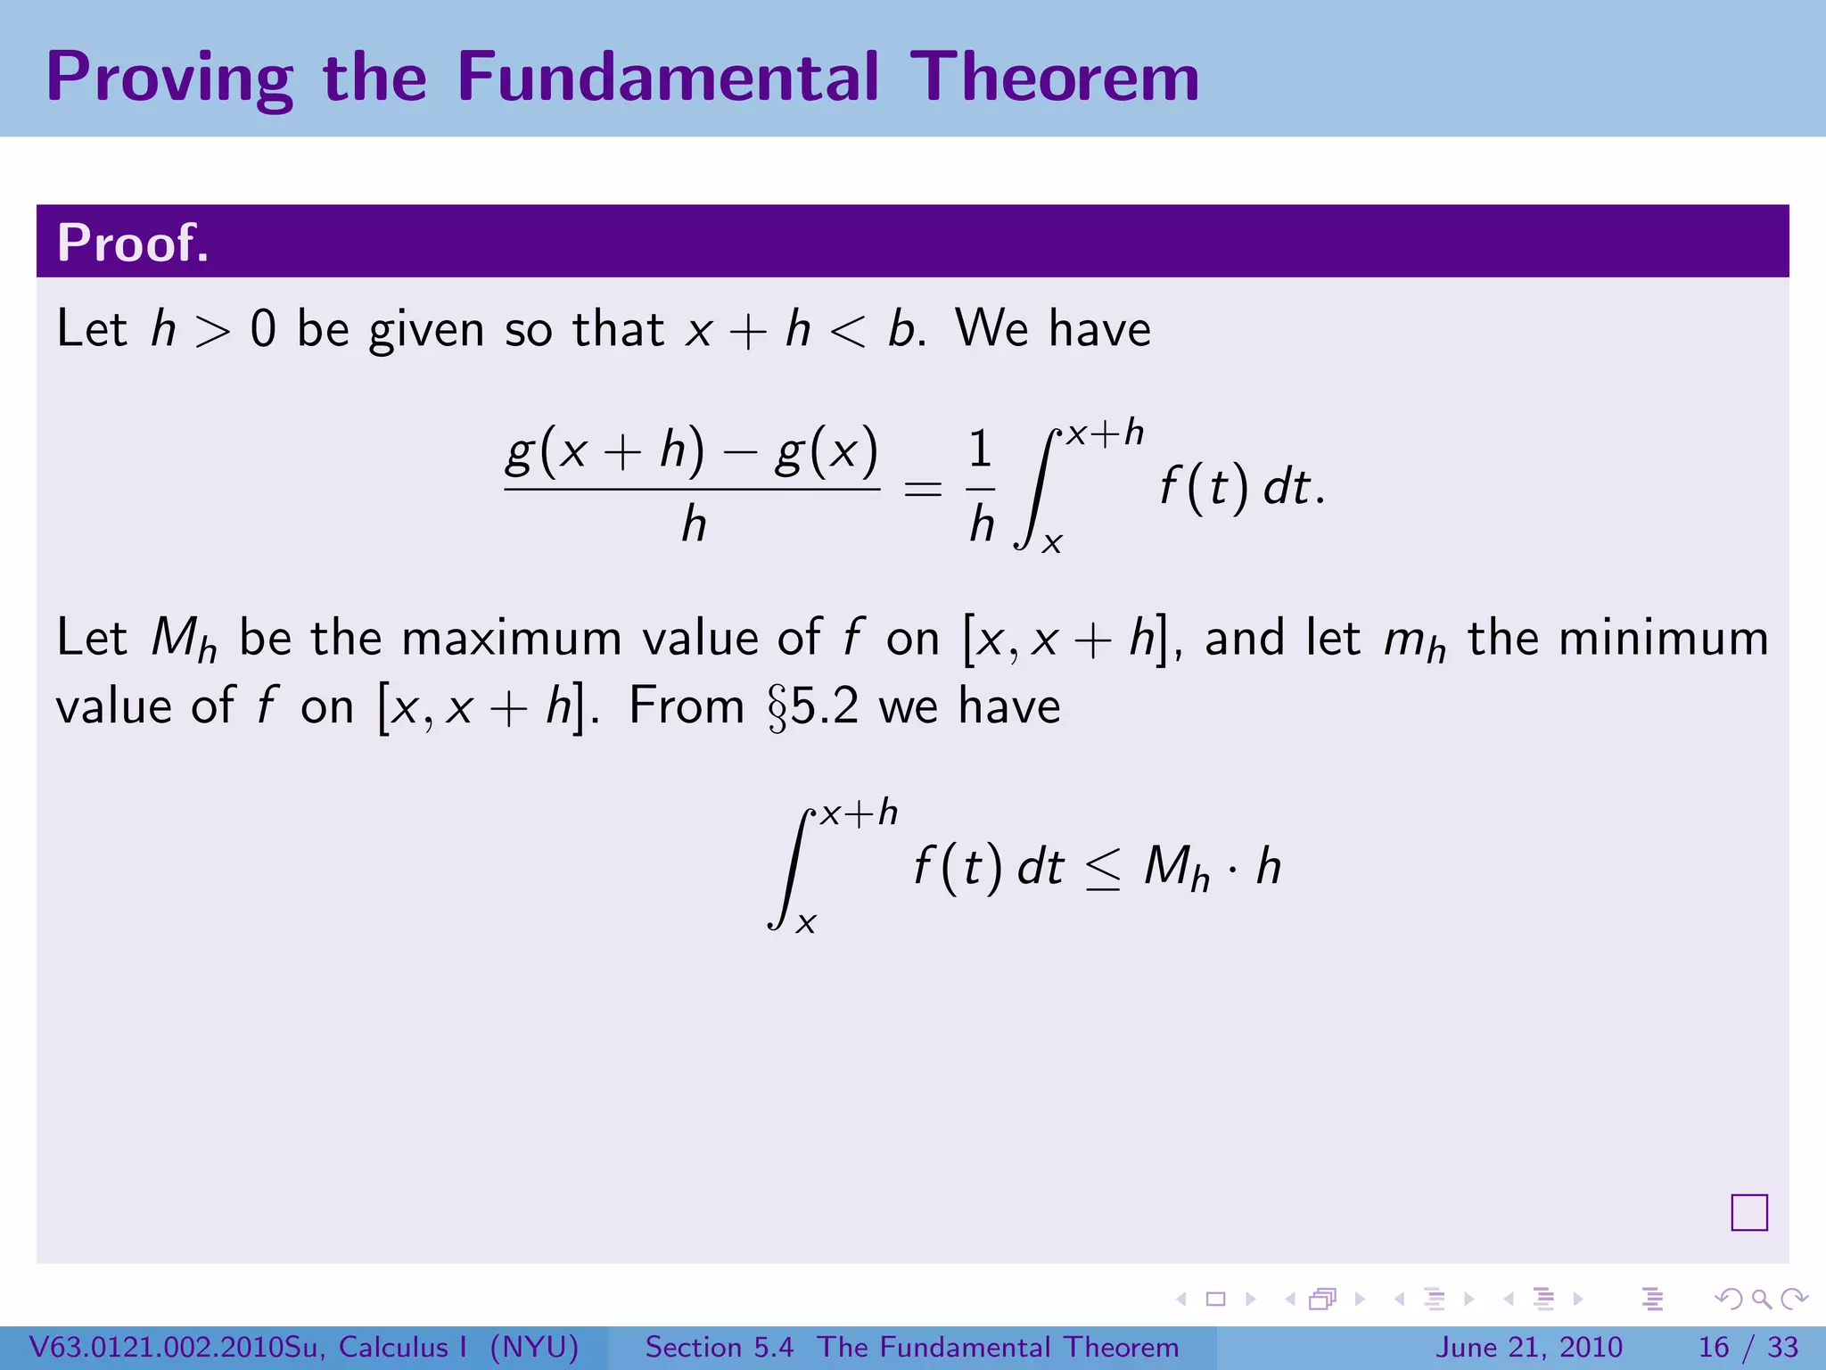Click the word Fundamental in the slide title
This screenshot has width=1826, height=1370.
pyautogui.click(x=667, y=77)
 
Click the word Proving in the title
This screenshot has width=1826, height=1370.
pyautogui.click(x=169, y=78)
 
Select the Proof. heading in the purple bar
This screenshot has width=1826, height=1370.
pyautogui.click(x=133, y=243)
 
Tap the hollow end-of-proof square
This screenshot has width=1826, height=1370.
pyautogui.click(x=1748, y=1212)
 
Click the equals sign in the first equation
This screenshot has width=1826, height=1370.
pyautogui.click(x=923, y=489)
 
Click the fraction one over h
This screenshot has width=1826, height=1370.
pyautogui.click(x=981, y=487)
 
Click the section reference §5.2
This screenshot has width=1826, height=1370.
pyautogui.click(x=813, y=707)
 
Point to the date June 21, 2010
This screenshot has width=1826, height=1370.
pyautogui.click(x=1528, y=1347)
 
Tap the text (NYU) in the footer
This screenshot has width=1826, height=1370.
pyautogui.click(x=534, y=1347)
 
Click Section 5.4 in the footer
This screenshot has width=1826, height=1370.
pyautogui.click(x=719, y=1347)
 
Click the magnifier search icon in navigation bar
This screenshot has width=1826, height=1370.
pyautogui.click(x=1761, y=1299)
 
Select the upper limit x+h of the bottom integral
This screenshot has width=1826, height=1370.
pyautogui.click(x=859, y=813)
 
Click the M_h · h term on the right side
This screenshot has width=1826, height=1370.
pyautogui.click(x=1212, y=867)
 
